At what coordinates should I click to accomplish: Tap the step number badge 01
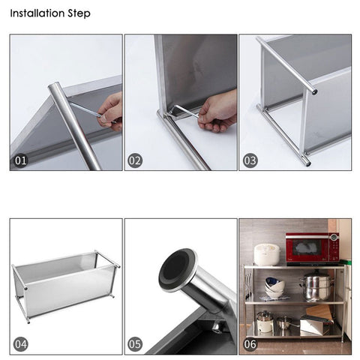coord(22,160)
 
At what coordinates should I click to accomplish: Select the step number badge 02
coord(136,160)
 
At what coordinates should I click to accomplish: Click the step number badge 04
coord(22,343)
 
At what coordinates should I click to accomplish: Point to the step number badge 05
coord(136,343)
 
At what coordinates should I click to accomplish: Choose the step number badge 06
coord(250,343)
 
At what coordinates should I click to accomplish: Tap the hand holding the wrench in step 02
coord(218,111)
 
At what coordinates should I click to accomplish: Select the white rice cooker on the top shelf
coord(266,253)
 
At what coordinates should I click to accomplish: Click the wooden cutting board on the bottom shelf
coord(320,312)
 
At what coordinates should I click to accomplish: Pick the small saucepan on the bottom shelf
coord(285,322)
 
